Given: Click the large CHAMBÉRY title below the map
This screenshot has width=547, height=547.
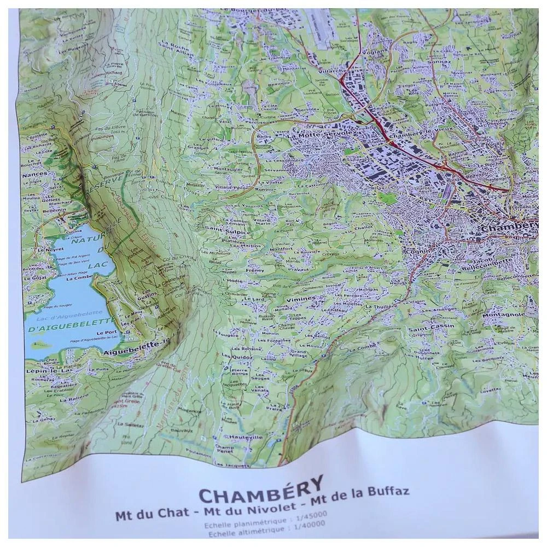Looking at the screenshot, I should point(261,491).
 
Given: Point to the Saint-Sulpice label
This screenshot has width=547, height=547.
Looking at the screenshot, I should point(219,232).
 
